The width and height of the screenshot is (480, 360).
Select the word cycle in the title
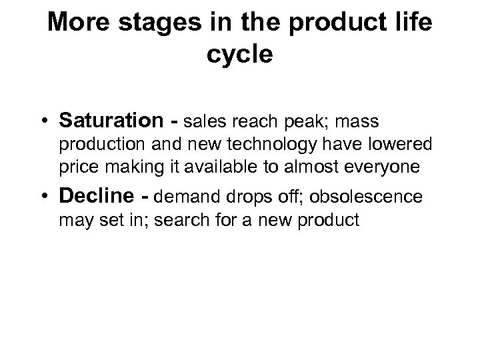point(239,54)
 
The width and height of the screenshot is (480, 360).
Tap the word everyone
point(387,168)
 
